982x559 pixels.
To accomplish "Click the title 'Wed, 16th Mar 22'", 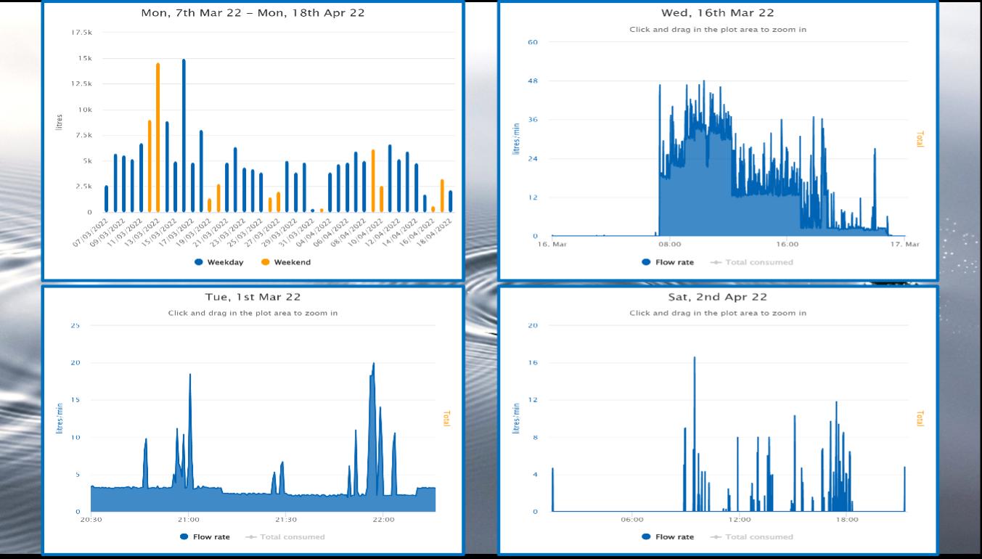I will point(717,13).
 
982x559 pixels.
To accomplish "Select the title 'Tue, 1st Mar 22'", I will point(253,297).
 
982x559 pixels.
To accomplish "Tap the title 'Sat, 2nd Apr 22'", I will point(717,297).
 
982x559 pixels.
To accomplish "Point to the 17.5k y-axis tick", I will point(82,33).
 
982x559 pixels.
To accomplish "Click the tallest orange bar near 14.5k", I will point(157,138).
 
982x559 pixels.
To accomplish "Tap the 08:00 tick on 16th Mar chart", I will point(670,244).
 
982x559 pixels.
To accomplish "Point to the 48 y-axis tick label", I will point(533,81).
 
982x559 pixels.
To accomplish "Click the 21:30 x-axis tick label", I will point(285,520).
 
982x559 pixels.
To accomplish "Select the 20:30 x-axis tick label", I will point(91,520).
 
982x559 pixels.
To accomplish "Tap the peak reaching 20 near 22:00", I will point(373,364).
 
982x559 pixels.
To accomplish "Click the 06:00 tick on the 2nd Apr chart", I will point(632,520).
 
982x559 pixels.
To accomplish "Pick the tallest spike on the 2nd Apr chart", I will point(694,359).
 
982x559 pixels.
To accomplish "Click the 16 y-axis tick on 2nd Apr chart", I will point(533,362).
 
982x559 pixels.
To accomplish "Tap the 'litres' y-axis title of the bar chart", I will point(60,122).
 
